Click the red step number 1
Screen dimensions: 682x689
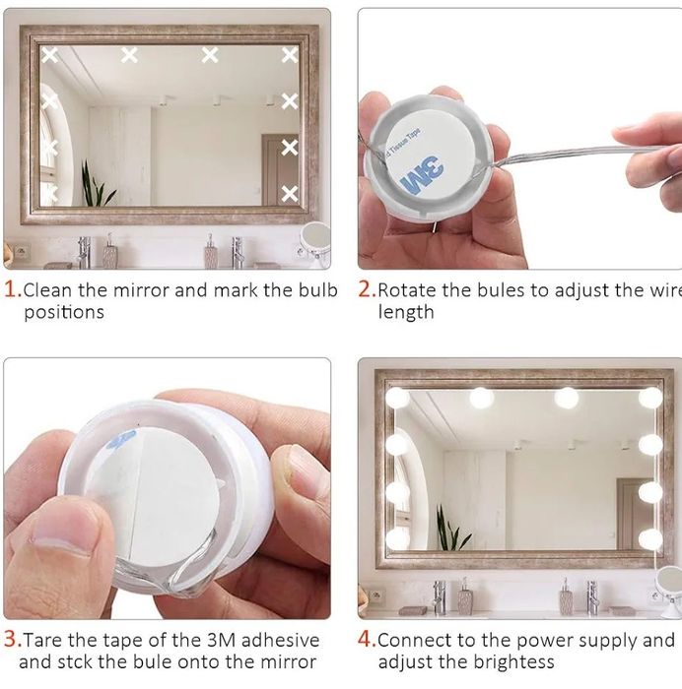click(12, 290)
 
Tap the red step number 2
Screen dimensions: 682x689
click(367, 290)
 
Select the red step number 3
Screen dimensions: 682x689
click(12, 640)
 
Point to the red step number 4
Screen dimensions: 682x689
click(367, 640)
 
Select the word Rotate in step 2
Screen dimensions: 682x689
click(407, 290)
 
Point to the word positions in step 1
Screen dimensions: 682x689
click(64, 312)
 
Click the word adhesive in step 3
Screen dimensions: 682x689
click(280, 640)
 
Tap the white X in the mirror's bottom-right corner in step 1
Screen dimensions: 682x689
click(290, 194)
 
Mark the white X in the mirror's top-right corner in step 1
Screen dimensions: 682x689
click(290, 55)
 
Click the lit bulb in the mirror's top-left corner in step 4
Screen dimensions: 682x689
click(397, 399)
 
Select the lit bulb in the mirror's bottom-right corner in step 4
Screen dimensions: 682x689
click(650, 538)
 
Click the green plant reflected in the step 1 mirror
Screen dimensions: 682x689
click(95, 185)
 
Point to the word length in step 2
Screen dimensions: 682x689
click(406, 312)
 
